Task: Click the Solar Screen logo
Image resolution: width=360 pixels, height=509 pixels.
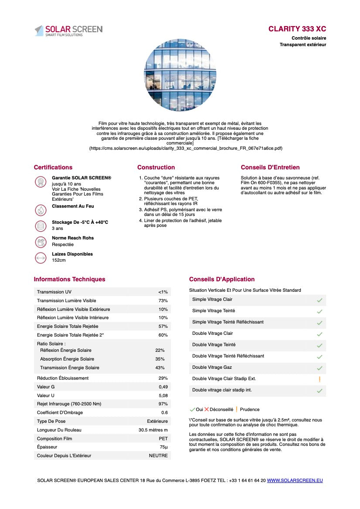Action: [68, 30]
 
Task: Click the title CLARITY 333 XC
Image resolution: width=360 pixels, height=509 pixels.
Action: [297, 29]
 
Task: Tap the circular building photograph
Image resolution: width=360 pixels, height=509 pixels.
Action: [180, 75]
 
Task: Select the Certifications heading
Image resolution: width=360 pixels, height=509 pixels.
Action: [53, 167]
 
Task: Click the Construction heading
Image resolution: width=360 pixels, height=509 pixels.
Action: [156, 167]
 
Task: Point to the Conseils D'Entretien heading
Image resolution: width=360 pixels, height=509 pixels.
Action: [270, 167]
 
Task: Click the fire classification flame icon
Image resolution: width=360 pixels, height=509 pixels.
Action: [41, 210]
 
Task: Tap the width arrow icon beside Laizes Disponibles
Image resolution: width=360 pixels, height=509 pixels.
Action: [41, 258]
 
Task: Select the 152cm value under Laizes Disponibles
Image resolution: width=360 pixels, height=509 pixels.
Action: [59, 260]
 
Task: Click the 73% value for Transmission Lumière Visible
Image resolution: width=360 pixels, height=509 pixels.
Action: [163, 301]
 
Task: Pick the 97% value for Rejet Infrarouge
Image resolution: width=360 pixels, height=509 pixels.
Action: [163, 404]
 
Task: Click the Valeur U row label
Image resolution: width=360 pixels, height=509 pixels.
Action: [46, 395]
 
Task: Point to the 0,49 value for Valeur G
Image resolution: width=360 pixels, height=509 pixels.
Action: [163, 387]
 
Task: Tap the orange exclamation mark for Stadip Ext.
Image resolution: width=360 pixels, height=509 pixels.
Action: [319, 379]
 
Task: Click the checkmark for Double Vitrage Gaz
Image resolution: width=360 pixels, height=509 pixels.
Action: [319, 368]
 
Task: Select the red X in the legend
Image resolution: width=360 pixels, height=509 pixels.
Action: [207, 409]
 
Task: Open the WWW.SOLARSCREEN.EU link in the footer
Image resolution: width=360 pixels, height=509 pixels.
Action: [295, 480]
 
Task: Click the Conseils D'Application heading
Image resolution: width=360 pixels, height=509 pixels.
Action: [222, 279]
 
